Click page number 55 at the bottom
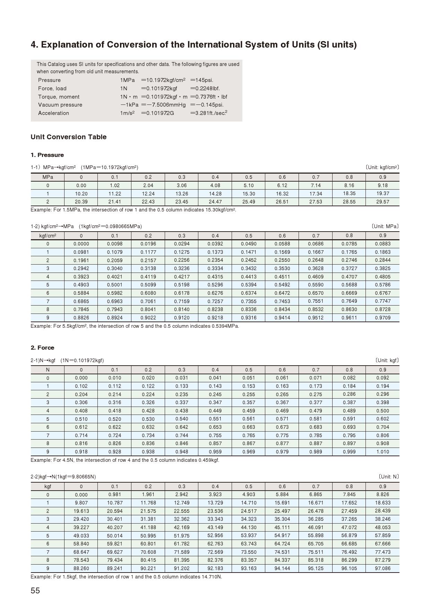click(35, 591)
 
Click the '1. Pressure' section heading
click(47, 155)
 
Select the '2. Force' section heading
click(42, 348)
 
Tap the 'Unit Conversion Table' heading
click(69, 137)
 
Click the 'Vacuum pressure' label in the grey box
click(60, 105)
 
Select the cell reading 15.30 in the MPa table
click(249, 194)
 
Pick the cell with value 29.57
click(382, 202)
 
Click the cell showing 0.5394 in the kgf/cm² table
click(249, 285)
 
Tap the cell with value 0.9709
click(382, 318)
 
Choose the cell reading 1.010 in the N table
click(382, 452)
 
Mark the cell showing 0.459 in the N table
click(249, 411)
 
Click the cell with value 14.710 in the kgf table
click(249, 503)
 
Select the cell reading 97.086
click(382, 568)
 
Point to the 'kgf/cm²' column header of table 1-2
click(48, 236)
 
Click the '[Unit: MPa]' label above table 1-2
click(385, 226)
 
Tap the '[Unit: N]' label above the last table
click(388, 477)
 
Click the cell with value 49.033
click(81, 536)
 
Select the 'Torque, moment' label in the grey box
click(59, 97)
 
